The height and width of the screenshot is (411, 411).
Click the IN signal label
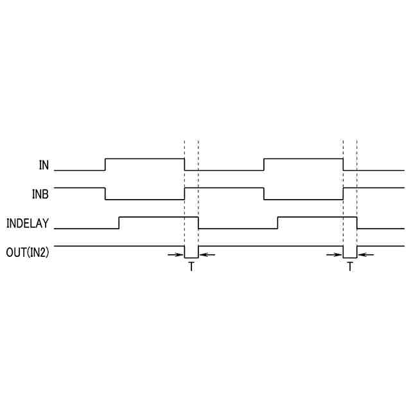coord(44,165)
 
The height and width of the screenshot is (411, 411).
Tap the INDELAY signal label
coord(28,224)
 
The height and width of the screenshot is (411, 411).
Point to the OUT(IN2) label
coord(28,252)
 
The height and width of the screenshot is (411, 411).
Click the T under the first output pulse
coord(191,267)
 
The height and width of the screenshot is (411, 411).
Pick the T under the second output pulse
coord(350,267)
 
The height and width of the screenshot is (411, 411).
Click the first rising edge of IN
coord(105,164)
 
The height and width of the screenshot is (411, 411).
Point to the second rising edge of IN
coord(264,164)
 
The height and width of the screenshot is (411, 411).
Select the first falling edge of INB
coord(105,193)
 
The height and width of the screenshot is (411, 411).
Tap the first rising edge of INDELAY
coord(119,223)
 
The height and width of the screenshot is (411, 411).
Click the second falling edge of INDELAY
coord(357,223)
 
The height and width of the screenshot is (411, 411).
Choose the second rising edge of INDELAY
coord(277,223)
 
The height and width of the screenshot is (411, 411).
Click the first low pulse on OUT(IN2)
coord(191,252)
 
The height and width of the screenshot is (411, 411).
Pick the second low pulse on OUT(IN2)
coord(350,252)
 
